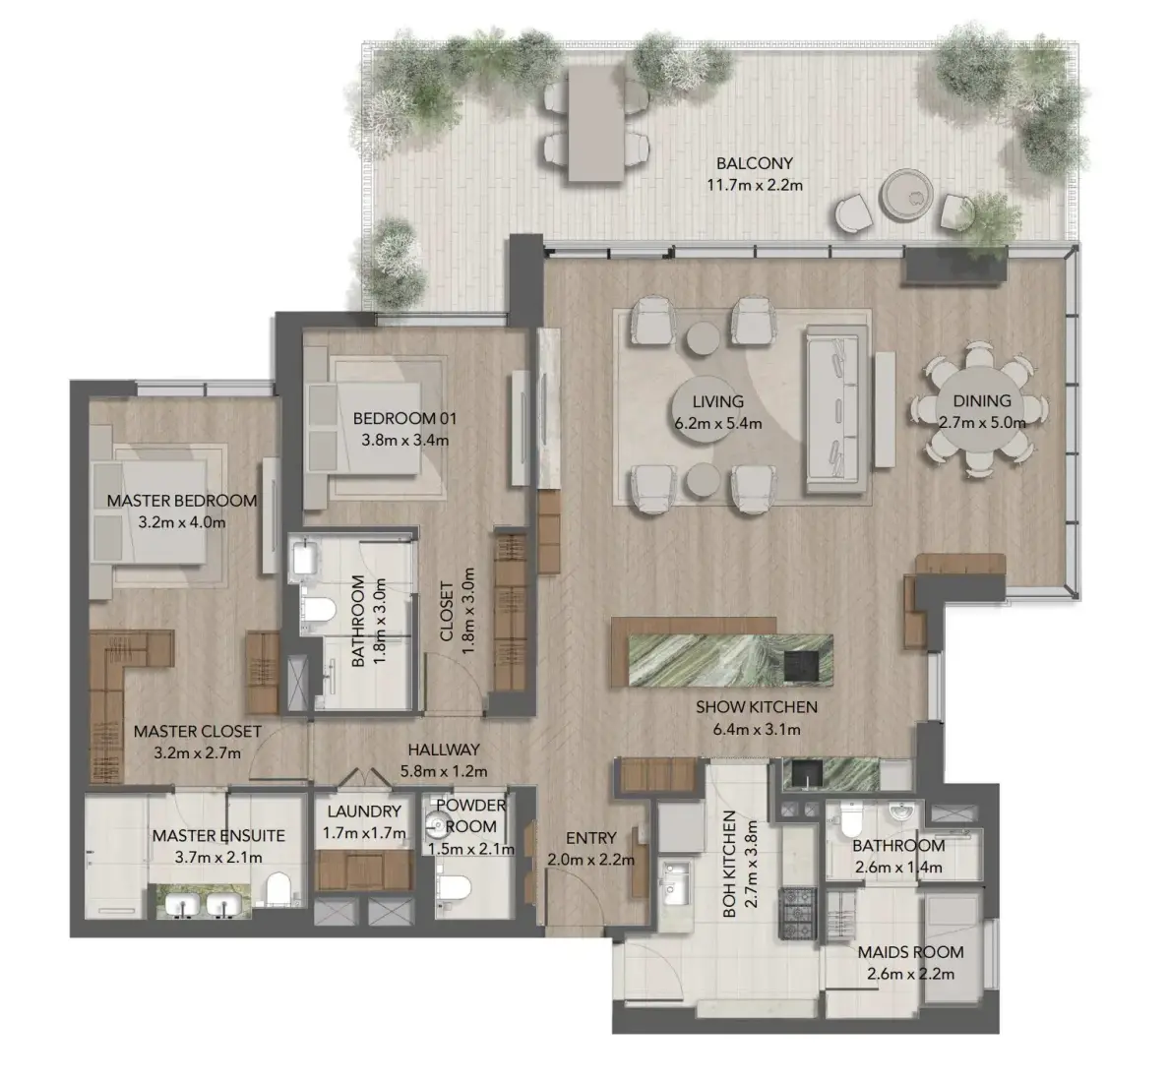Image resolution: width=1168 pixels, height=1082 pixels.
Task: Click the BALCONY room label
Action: (x=754, y=163)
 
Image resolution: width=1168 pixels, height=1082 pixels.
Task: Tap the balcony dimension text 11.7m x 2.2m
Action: (x=754, y=185)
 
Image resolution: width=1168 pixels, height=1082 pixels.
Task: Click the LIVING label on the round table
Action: (x=717, y=401)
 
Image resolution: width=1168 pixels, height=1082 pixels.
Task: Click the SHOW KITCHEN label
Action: (x=756, y=706)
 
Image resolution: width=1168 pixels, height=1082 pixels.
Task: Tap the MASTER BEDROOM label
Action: (x=182, y=501)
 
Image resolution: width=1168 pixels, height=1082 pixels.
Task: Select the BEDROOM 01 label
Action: (x=404, y=418)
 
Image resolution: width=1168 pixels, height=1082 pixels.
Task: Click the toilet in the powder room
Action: (x=453, y=887)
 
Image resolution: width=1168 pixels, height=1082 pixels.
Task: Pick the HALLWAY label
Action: (x=443, y=750)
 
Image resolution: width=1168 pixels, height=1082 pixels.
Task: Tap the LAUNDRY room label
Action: (x=363, y=811)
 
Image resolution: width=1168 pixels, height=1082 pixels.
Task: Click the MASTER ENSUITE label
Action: (x=218, y=835)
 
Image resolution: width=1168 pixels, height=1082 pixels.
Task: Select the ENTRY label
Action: (x=590, y=838)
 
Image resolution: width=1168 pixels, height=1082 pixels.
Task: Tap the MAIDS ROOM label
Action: (x=910, y=952)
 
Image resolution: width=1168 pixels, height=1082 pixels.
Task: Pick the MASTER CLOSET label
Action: (x=198, y=731)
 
